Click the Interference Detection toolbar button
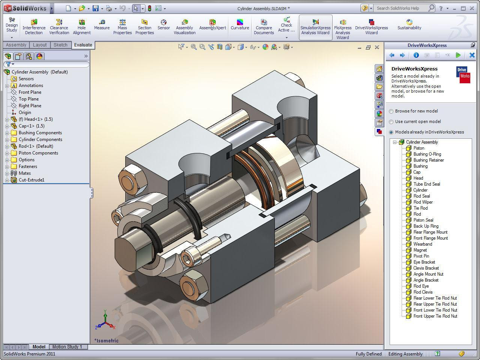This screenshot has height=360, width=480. click(34, 27)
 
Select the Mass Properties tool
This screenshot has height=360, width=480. click(122, 27)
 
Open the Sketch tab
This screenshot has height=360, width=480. click(60, 45)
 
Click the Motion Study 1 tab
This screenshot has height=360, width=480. click(67, 346)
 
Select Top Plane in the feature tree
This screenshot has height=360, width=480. click(28, 99)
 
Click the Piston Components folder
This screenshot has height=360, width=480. click(38, 153)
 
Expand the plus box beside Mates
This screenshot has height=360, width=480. click(7, 173)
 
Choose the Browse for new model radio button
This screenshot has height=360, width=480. click(391, 111)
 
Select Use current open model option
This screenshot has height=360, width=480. click(391, 121)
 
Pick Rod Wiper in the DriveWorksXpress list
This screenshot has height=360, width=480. click(423, 202)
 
